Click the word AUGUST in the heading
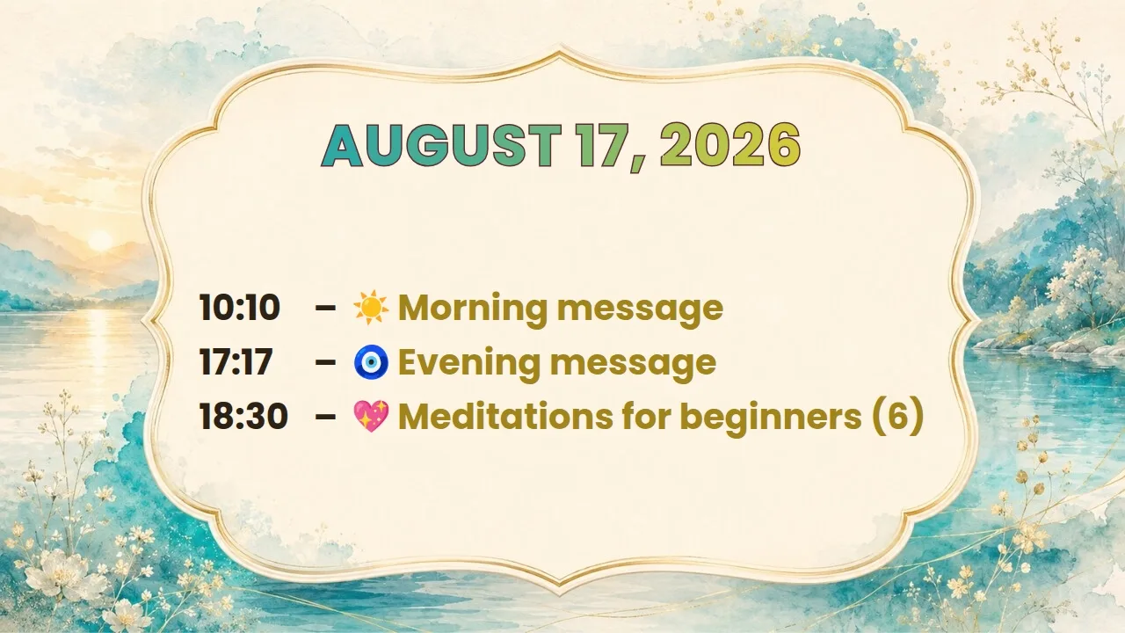pyautogui.click(x=441, y=145)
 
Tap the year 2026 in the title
pyautogui.click(x=730, y=145)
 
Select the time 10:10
pyautogui.click(x=240, y=307)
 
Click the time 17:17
pyautogui.click(x=236, y=361)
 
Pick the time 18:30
pyautogui.click(x=243, y=416)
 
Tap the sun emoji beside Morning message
pyautogui.click(x=371, y=307)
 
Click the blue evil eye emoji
pyautogui.click(x=371, y=361)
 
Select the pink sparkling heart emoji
pyautogui.click(x=371, y=417)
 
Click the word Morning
pyautogui.click(x=473, y=309)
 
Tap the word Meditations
pyautogui.click(x=505, y=417)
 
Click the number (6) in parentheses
pyautogui.click(x=897, y=417)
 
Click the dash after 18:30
pyautogui.click(x=325, y=417)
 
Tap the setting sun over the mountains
pyautogui.click(x=100, y=241)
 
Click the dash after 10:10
pyautogui.click(x=325, y=308)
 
